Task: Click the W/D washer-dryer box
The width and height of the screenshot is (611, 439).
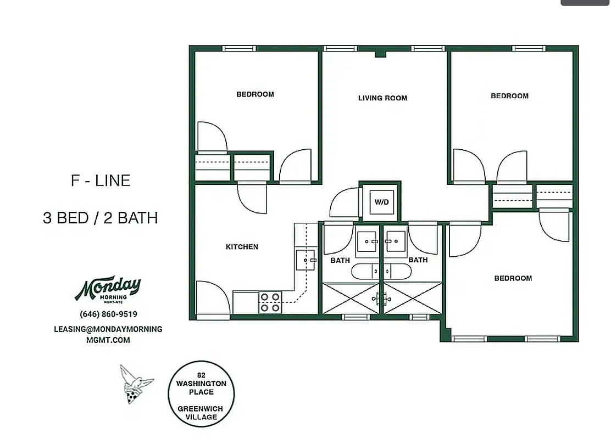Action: (x=381, y=202)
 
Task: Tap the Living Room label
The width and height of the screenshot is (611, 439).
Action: (x=382, y=98)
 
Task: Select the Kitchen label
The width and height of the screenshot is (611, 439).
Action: (x=242, y=247)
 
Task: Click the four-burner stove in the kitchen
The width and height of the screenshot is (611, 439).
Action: (x=270, y=302)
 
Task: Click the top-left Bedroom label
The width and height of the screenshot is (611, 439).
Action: (x=255, y=94)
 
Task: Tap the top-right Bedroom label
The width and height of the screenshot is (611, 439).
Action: (x=509, y=96)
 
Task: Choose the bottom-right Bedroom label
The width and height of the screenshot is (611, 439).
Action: (x=513, y=278)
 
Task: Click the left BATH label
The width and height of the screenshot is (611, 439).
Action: (x=340, y=260)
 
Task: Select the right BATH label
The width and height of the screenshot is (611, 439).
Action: (x=418, y=260)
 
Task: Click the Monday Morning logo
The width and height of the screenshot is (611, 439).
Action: (x=108, y=289)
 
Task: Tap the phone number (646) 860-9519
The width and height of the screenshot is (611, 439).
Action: (x=108, y=314)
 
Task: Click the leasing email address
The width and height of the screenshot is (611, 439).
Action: (x=108, y=334)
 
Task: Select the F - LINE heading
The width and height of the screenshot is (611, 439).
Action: (x=101, y=181)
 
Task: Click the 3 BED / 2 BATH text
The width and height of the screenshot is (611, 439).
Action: (x=101, y=218)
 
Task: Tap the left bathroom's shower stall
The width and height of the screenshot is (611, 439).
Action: (x=350, y=299)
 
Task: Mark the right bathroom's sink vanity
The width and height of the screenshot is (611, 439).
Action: (x=395, y=241)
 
